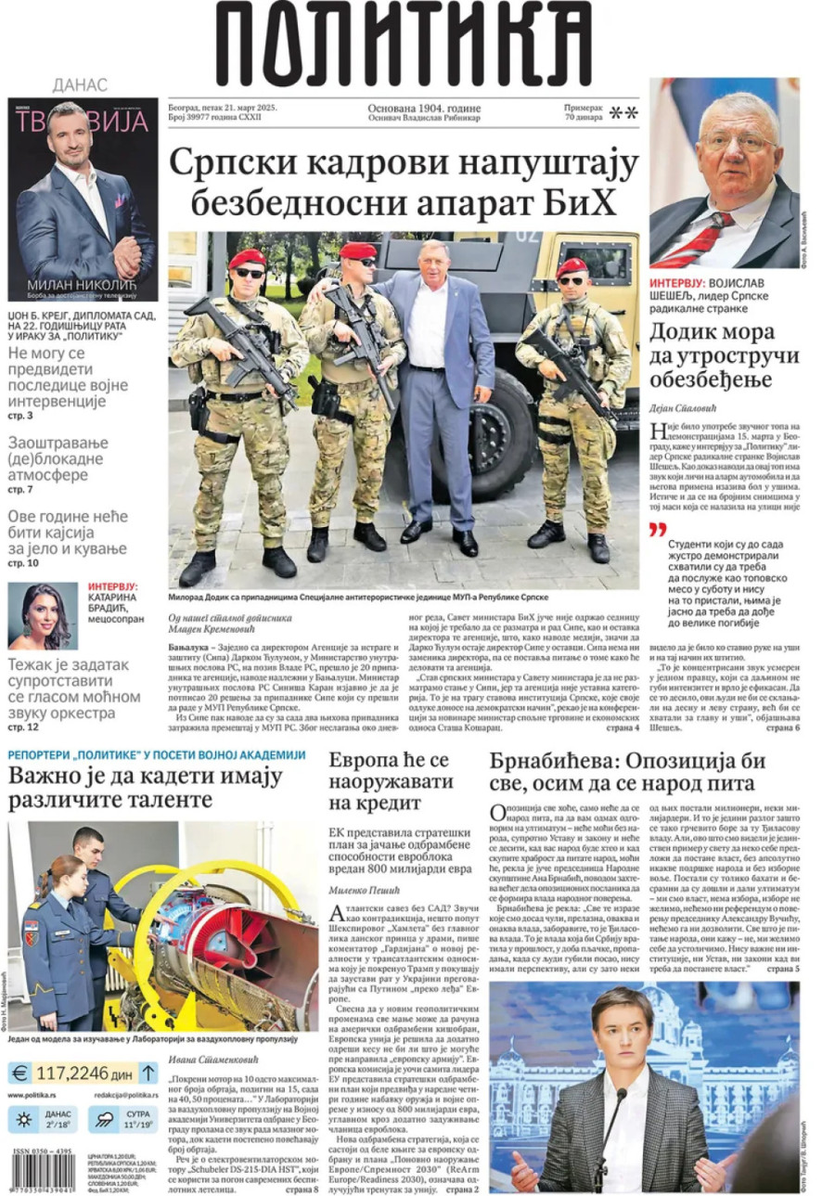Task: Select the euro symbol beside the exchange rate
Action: click(x=19, y=1074)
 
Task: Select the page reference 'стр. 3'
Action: click(x=20, y=415)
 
